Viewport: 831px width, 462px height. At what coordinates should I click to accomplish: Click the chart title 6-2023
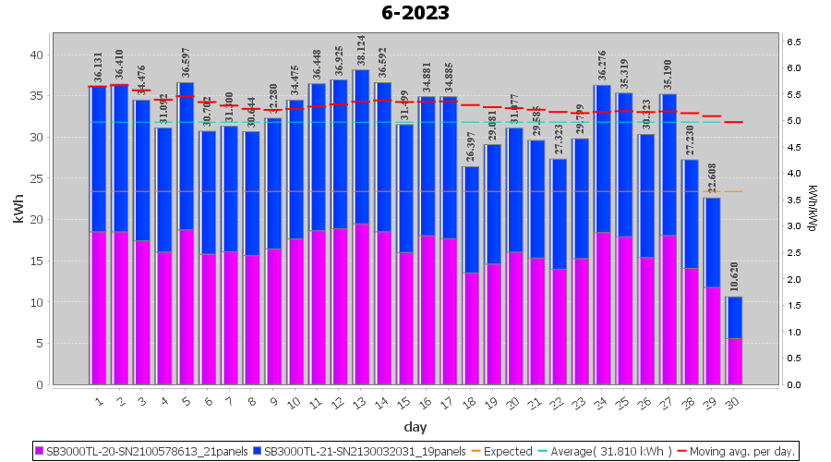click(415, 13)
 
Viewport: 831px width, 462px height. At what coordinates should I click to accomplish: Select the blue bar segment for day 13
click(361, 148)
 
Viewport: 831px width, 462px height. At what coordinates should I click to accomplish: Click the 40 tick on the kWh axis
click(36, 55)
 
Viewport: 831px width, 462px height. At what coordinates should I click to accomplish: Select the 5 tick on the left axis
click(40, 343)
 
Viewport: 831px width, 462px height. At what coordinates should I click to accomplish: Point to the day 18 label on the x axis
click(471, 402)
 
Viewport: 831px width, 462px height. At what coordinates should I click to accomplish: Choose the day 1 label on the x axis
click(99, 402)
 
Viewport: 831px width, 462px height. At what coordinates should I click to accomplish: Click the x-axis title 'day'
click(415, 427)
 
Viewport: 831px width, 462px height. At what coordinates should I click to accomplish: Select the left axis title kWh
click(18, 211)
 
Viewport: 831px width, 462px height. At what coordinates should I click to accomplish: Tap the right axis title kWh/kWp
click(813, 208)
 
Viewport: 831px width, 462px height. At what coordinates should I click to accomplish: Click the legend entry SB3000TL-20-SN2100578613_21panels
click(146, 452)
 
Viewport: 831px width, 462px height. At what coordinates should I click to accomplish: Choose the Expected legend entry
click(501, 452)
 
